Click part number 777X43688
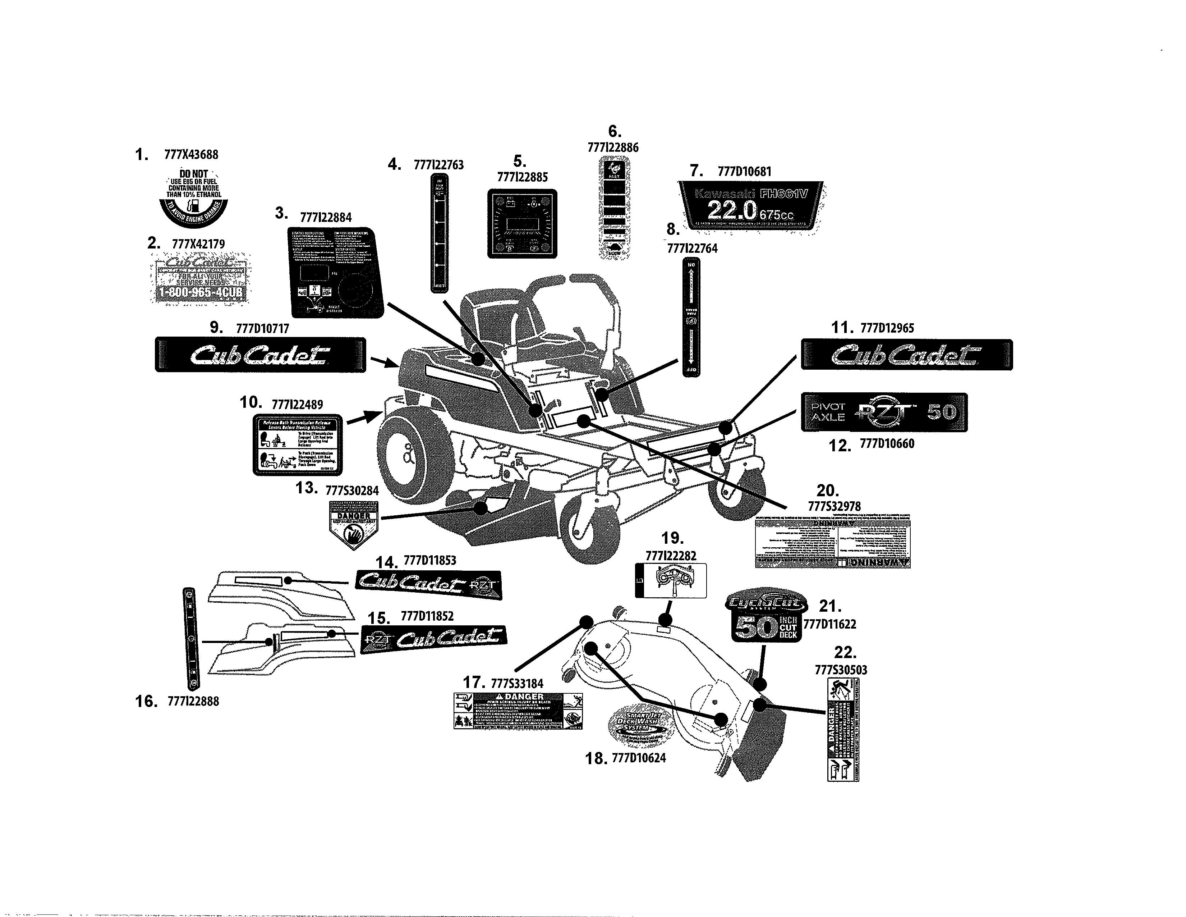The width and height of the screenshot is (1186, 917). (x=191, y=155)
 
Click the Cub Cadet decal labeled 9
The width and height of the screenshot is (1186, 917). (x=260, y=355)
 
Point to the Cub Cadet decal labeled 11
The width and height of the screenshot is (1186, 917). (x=906, y=355)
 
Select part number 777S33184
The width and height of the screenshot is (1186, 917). (x=516, y=683)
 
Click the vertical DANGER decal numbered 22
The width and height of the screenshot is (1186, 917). (x=843, y=730)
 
